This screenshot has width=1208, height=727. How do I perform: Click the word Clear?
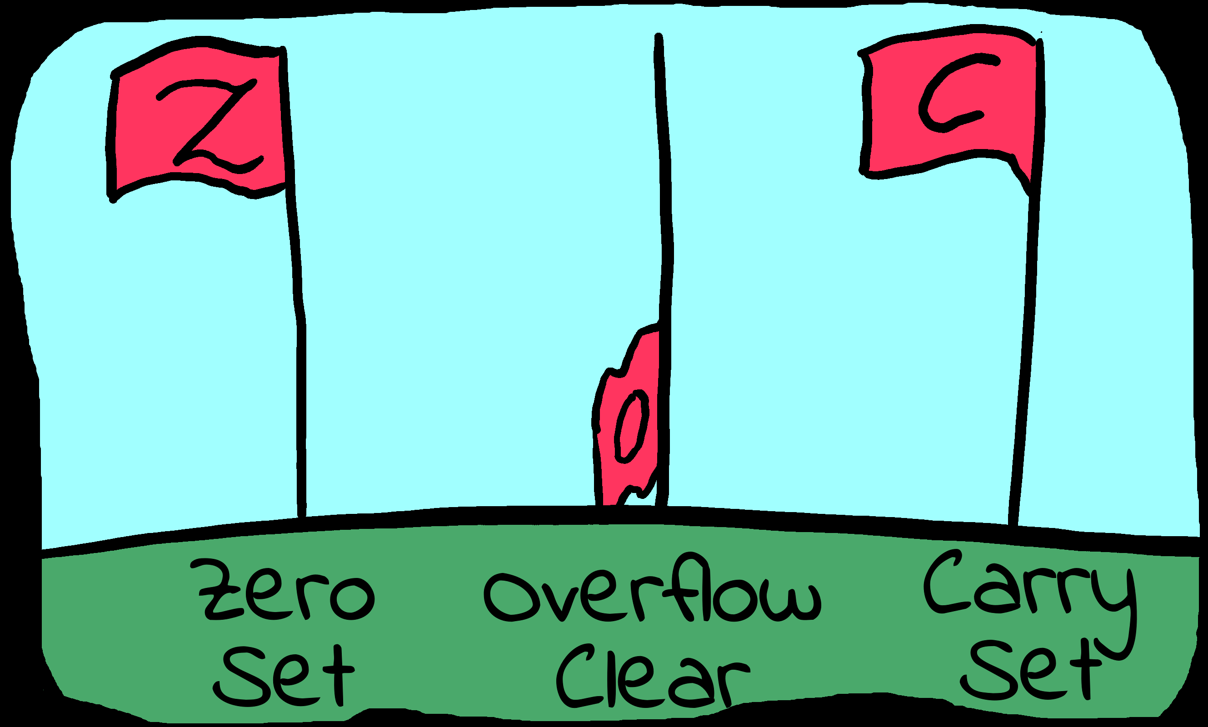tap(652, 678)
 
